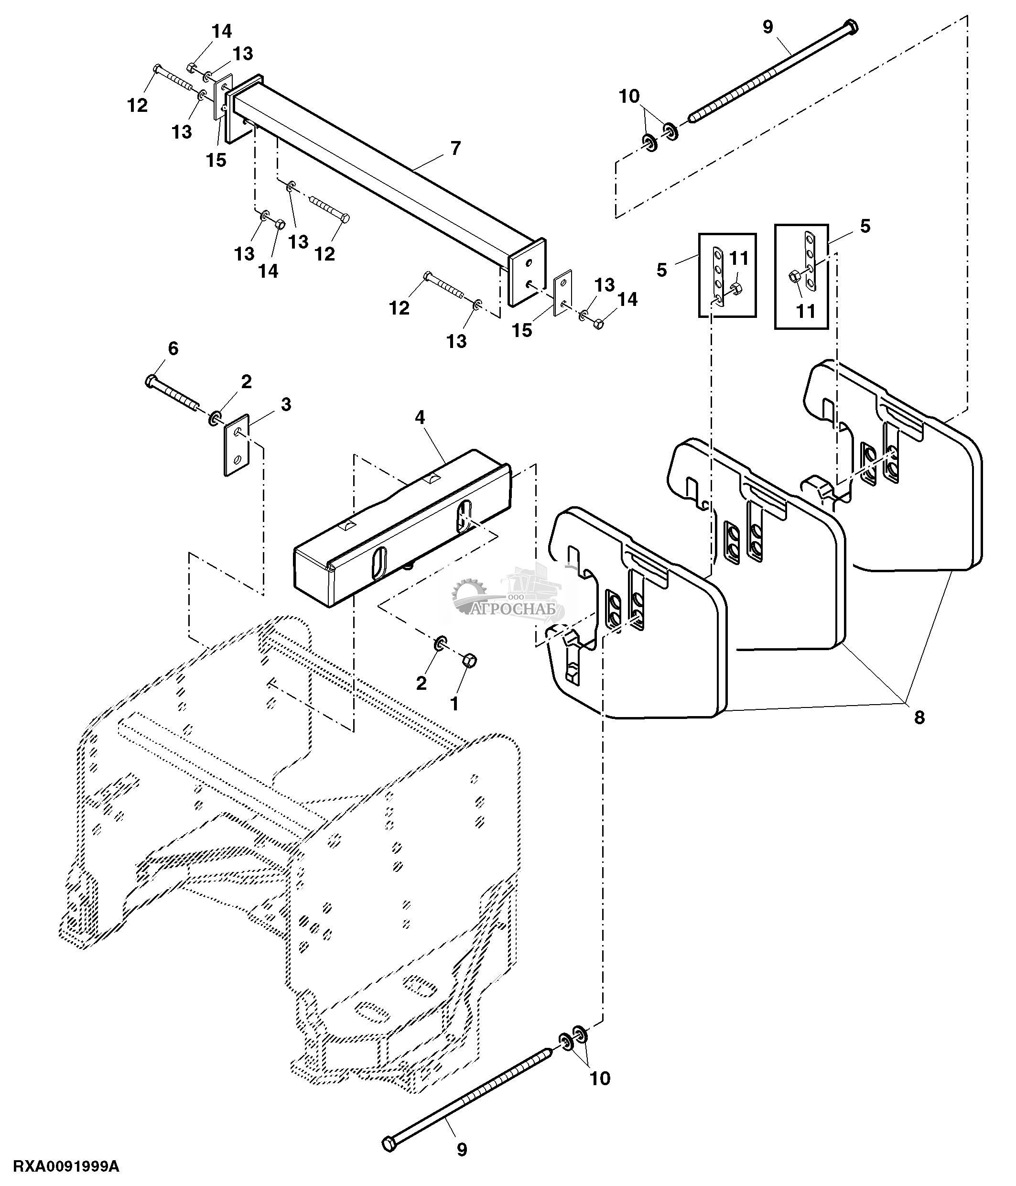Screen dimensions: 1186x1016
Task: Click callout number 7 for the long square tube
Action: [x=455, y=148]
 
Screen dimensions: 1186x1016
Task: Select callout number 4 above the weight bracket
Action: [x=420, y=418]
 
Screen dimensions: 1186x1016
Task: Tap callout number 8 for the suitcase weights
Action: [x=919, y=717]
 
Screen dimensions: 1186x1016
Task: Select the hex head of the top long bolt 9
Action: [x=851, y=26]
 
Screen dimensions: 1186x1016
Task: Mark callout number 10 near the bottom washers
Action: [x=600, y=1078]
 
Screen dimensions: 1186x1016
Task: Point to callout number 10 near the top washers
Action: [x=629, y=96]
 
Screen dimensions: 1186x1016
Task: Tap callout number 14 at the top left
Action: [x=222, y=32]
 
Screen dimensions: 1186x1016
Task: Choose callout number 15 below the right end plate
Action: [x=522, y=330]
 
